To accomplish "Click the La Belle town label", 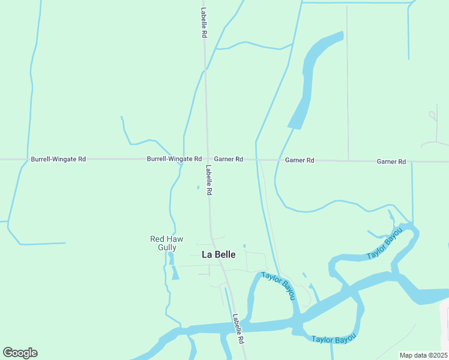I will click(x=218, y=254).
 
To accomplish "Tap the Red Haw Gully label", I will click(x=163, y=243).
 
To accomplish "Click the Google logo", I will click(x=20, y=352).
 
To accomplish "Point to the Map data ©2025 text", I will click(x=423, y=355).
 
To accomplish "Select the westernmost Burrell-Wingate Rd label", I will click(x=58, y=159).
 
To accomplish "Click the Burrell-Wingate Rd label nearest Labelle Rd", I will click(x=174, y=159).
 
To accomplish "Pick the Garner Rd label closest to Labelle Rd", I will click(x=228, y=159).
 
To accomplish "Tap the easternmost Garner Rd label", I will click(x=391, y=162).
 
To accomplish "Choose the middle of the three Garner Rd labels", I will click(x=300, y=160).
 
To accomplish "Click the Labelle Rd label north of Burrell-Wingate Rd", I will click(x=203, y=23).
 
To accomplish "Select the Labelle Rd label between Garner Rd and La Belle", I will click(x=209, y=180).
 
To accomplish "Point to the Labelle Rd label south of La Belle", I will click(x=239, y=329).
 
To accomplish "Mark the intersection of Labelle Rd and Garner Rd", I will click(x=207, y=160).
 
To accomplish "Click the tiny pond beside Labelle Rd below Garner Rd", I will click(x=198, y=187).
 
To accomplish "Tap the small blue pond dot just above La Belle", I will click(x=244, y=245).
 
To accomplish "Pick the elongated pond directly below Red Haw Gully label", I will click(x=175, y=272).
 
